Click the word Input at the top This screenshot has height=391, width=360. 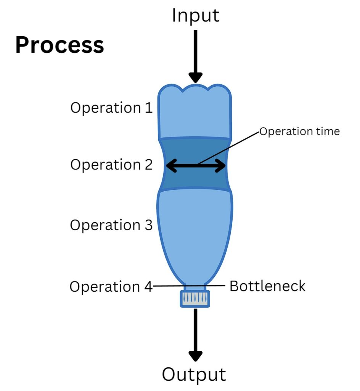(x=196, y=15)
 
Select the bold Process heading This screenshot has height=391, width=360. (x=59, y=45)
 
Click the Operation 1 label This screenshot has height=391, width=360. (x=111, y=108)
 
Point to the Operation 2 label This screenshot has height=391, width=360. (x=111, y=165)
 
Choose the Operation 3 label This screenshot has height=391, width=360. (x=111, y=225)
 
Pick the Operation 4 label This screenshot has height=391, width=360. (x=111, y=286)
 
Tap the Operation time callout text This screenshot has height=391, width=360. (x=299, y=131)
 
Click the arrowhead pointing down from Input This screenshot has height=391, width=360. (x=195, y=77)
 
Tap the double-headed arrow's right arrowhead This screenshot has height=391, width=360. (x=220, y=166)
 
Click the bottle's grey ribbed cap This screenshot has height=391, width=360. (x=195, y=299)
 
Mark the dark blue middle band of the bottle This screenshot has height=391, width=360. (x=195, y=165)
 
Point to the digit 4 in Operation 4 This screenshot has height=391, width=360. (x=148, y=286)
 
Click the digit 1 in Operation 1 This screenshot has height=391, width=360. (x=149, y=108)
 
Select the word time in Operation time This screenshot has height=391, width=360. (x=328, y=131)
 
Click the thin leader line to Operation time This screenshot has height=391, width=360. (x=228, y=148)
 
